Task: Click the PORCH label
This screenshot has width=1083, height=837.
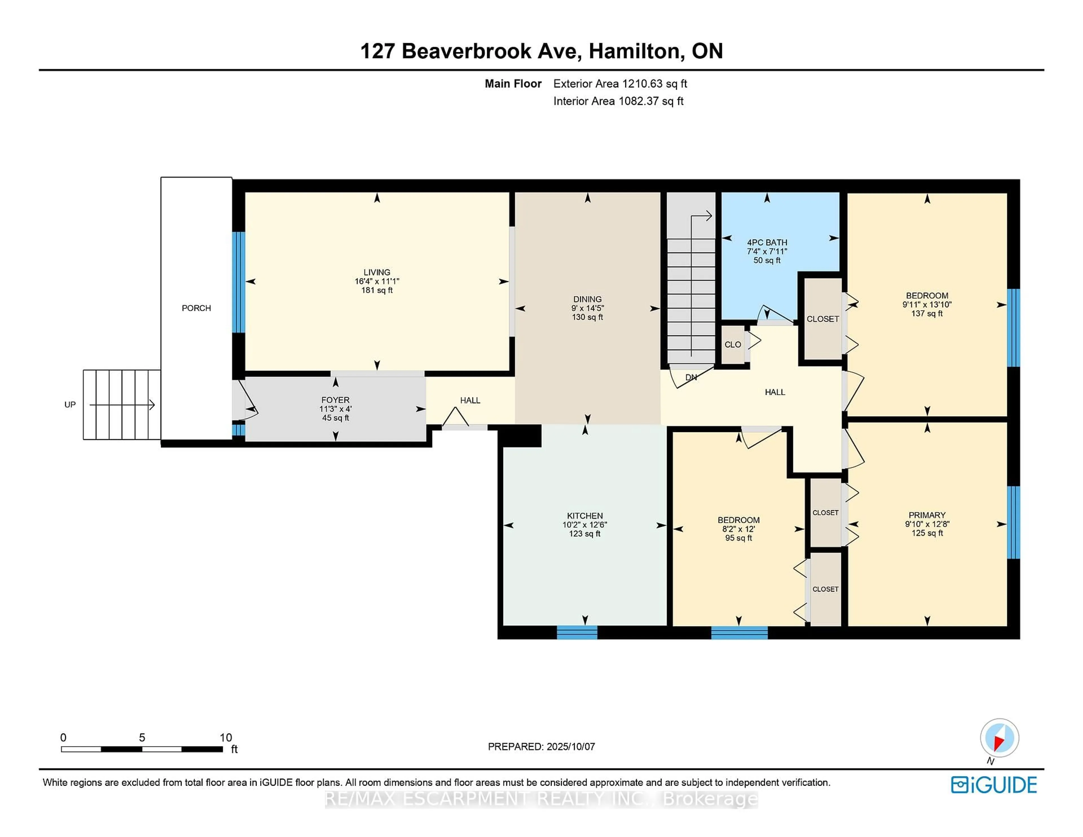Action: (196, 308)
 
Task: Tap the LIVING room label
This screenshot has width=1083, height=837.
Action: (377, 272)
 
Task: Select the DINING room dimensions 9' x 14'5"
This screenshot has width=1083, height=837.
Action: (588, 308)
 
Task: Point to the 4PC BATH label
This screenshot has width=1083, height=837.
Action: (767, 243)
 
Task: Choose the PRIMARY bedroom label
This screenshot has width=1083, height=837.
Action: (927, 515)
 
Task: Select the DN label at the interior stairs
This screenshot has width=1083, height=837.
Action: (691, 377)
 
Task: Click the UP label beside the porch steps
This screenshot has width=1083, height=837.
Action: (70, 405)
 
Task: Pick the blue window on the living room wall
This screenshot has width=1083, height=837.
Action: (239, 282)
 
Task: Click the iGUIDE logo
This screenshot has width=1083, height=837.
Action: (994, 785)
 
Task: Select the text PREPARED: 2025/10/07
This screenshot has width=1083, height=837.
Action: (541, 746)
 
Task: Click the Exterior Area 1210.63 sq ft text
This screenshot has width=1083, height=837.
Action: (620, 84)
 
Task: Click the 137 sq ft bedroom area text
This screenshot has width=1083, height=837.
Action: (927, 313)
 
